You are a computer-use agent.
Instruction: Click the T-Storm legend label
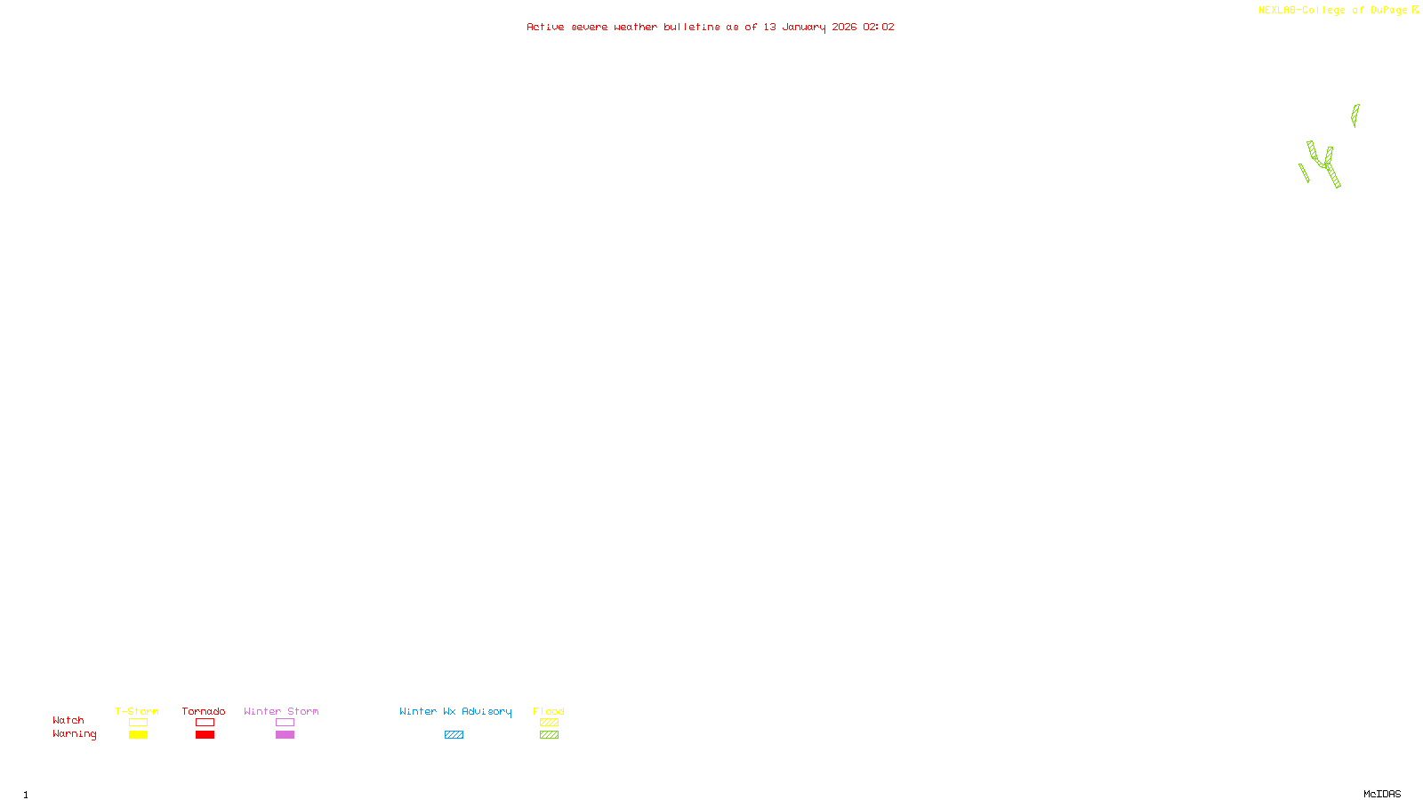pyautogui.click(x=137, y=711)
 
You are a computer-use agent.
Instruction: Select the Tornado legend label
pyautogui.click(x=204, y=711)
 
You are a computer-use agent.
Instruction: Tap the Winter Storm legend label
pyautogui.click(x=281, y=711)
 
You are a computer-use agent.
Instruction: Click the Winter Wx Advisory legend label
pyautogui.click(x=455, y=711)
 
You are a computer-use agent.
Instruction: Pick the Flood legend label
pyautogui.click(x=549, y=711)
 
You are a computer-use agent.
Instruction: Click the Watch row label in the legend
pyautogui.click(x=68, y=720)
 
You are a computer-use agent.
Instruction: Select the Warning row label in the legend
pyautogui.click(x=74, y=734)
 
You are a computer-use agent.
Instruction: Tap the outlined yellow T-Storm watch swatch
pyautogui.click(x=138, y=723)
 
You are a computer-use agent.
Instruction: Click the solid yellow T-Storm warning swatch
pyautogui.click(x=138, y=735)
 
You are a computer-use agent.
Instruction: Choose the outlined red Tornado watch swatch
pyautogui.click(x=205, y=723)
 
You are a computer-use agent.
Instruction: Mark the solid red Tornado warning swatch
pyautogui.click(x=205, y=735)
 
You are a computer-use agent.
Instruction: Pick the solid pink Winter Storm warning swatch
pyautogui.click(x=285, y=735)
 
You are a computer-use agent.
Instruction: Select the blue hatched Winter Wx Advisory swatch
pyautogui.click(x=454, y=735)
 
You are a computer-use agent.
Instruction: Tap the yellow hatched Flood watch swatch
pyautogui.click(x=549, y=723)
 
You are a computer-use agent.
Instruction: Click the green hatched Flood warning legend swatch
pyautogui.click(x=549, y=735)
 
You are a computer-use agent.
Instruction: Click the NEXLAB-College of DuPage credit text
pyautogui.click(x=1333, y=11)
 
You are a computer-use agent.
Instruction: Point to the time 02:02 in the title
pyautogui.click(x=879, y=27)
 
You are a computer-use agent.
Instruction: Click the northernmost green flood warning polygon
pyautogui.click(x=1355, y=115)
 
